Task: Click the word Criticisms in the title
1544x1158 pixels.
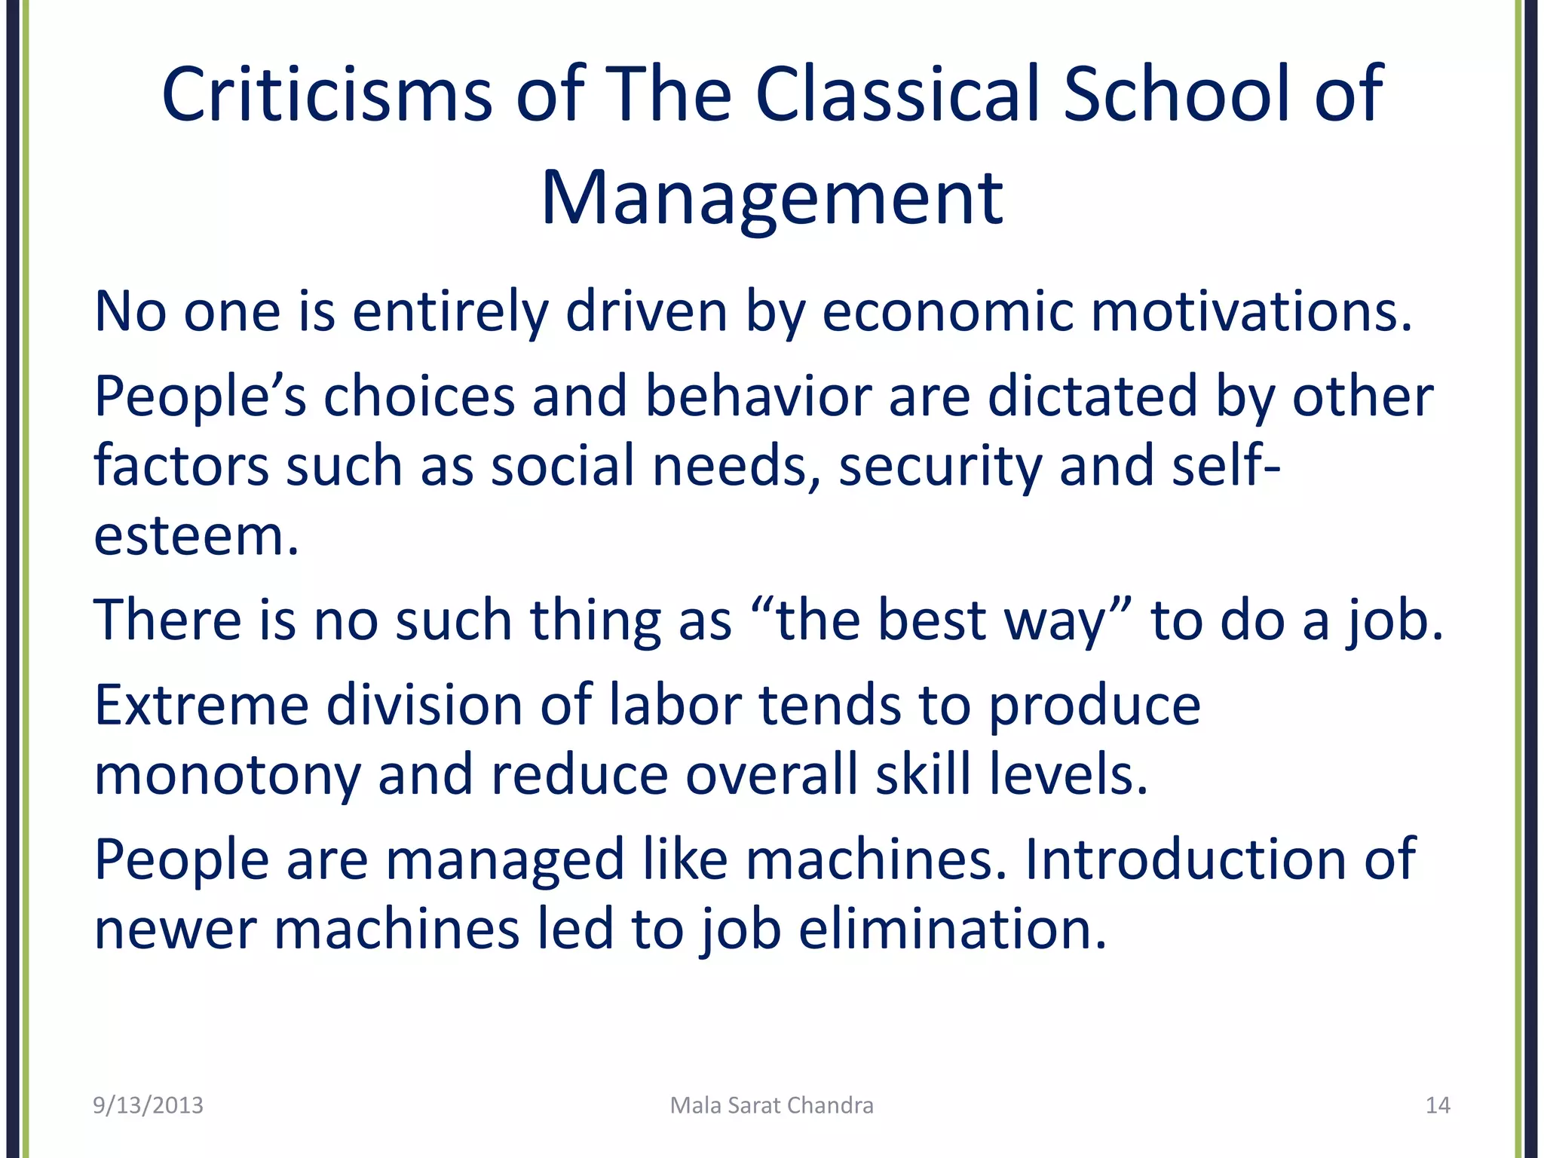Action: (327, 94)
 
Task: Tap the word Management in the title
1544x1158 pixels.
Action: (772, 198)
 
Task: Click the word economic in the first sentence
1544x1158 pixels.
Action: (947, 312)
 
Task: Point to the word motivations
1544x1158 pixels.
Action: (1251, 312)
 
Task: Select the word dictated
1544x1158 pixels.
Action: (1092, 397)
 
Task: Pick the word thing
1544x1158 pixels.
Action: (595, 621)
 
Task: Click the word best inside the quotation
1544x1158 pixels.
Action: (932, 621)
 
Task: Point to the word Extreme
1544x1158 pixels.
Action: (201, 706)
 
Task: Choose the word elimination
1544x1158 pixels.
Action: (951, 929)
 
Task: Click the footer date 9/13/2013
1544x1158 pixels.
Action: (148, 1105)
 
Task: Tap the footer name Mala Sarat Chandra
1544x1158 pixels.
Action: (771, 1105)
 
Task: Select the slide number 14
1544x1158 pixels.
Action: (1438, 1105)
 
